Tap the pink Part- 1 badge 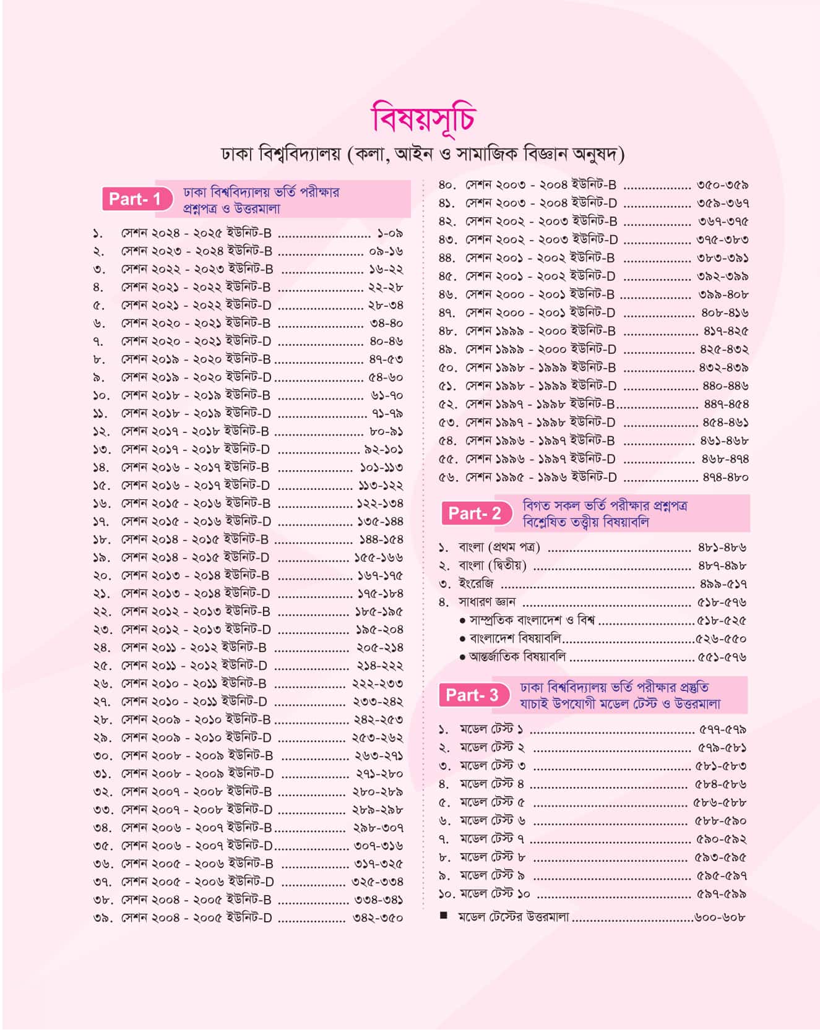(134, 199)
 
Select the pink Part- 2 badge (475, 513)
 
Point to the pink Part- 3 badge (472, 695)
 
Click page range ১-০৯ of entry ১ (389, 233)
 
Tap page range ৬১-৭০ (386, 395)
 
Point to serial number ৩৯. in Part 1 (101, 918)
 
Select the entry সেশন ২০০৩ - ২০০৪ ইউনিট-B (541, 185)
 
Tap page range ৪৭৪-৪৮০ (725, 477)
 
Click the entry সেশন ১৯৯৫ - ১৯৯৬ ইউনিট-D (541, 477)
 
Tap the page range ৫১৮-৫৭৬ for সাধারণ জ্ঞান (722, 602)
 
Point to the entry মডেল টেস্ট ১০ (494, 894)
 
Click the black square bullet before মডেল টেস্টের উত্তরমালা (443, 916)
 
